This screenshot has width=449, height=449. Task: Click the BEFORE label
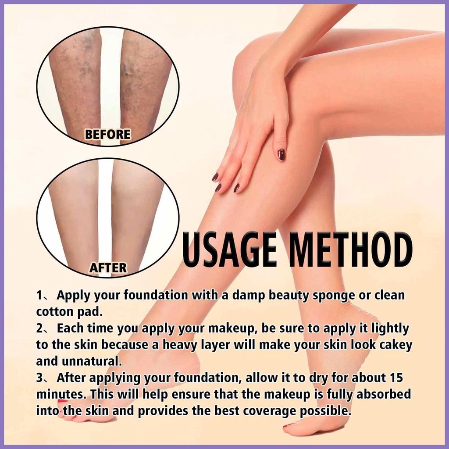pyautogui.click(x=107, y=134)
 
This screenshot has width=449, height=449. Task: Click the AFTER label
pyautogui.click(x=108, y=267)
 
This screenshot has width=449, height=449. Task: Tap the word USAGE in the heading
pyautogui.click(x=230, y=251)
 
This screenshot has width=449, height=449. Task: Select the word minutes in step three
pyautogui.click(x=62, y=394)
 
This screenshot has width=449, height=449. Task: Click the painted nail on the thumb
pyautogui.click(x=282, y=154)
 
